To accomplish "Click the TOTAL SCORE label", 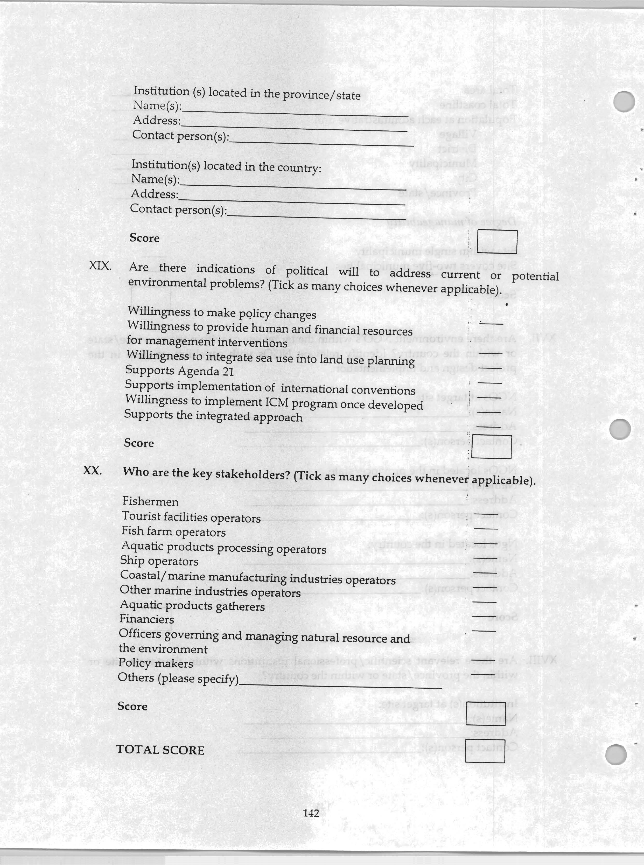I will point(160,750).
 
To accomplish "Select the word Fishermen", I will point(150,501).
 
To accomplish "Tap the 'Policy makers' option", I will point(156,663).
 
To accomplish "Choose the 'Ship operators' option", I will point(159,561).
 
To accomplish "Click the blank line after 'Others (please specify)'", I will point(340,686).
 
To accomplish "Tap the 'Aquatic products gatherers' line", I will point(192,605).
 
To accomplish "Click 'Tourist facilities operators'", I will point(191,517).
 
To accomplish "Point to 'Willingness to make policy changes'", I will point(222,313).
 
